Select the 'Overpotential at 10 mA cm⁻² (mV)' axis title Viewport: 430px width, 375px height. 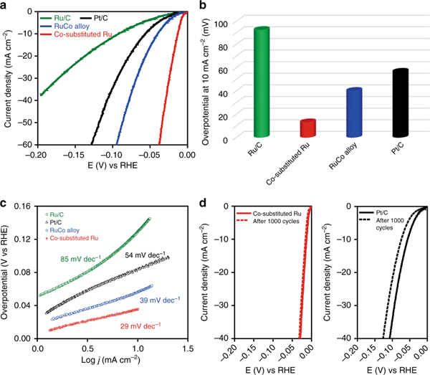click(x=206, y=75)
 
